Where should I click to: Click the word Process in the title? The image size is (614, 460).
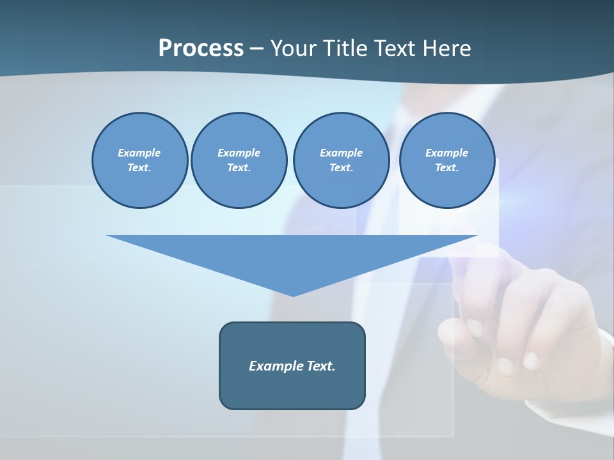201,49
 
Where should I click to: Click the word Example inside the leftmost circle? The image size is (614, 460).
139,153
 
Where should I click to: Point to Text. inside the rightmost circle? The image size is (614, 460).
446,168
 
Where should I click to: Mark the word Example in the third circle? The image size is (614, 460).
341,153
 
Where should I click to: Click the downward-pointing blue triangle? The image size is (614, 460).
292,256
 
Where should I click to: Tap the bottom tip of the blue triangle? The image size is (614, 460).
293,295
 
